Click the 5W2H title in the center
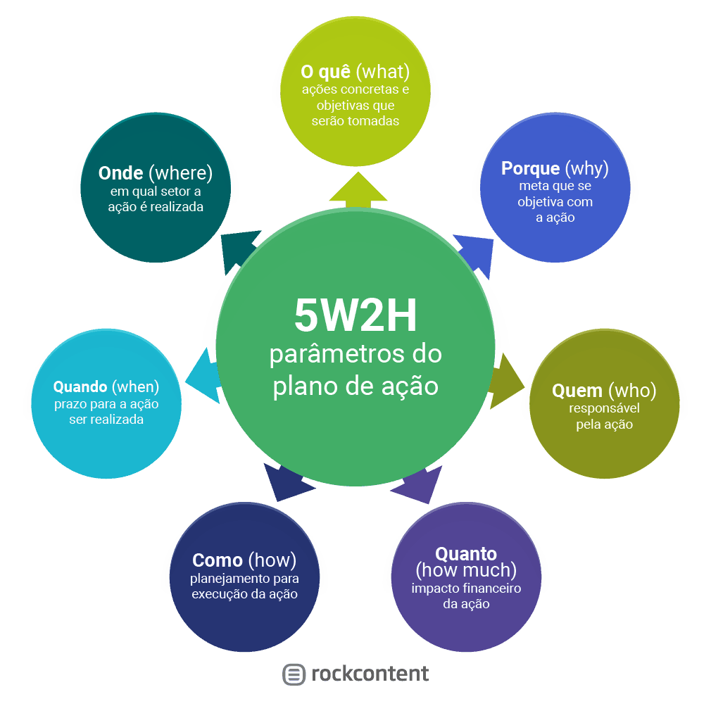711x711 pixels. coord(355,317)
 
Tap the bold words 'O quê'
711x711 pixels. coord(326,72)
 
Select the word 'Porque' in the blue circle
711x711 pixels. coord(530,169)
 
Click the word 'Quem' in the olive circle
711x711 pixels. coord(577,391)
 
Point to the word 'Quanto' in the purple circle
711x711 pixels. coord(465,553)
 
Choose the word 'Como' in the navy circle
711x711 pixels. coord(218,560)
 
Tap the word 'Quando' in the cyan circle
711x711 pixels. coord(80,387)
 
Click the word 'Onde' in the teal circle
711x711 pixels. coord(121,173)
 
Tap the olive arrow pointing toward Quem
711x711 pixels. coord(505,381)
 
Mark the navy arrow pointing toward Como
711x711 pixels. coord(289,482)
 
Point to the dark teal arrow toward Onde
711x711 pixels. coord(237,250)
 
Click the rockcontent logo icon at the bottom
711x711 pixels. coord(294,674)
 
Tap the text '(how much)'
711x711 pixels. coord(466,570)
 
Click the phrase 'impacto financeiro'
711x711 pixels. coord(466,589)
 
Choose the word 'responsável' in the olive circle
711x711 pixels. coord(604,408)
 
